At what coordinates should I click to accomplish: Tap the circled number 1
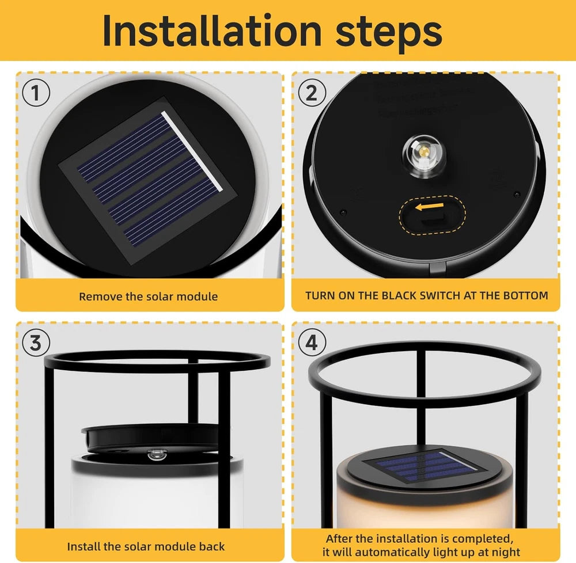[x=36, y=93]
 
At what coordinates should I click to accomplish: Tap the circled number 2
[x=312, y=93]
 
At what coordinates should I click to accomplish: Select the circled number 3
[x=36, y=343]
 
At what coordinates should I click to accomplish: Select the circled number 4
[x=312, y=343]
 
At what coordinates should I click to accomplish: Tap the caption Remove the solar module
[x=148, y=297]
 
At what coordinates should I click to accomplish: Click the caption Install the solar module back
[x=146, y=546]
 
